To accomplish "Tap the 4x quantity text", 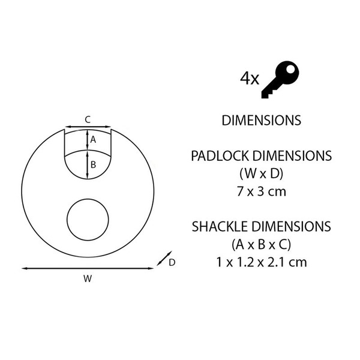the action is coord(250,79).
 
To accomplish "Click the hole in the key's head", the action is coord(290,69).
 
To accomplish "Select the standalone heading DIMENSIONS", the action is coord(261,121).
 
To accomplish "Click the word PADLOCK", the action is coord(220,156).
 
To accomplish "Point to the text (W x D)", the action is coord(261,174).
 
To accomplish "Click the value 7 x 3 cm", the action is coord(262,192).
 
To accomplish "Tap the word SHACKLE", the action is coord(220,226).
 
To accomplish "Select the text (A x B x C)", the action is coord(261,245).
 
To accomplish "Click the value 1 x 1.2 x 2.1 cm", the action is coord(262,262).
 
